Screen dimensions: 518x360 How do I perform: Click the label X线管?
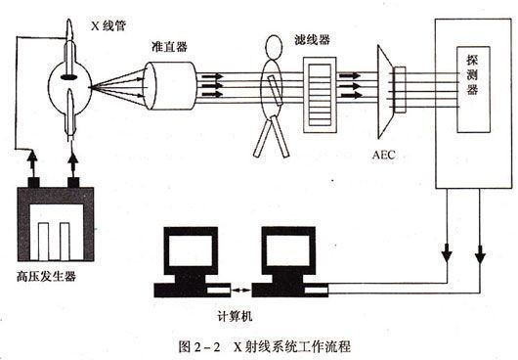click(x=108, y=25)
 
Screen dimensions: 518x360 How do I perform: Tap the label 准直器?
click(x=169, y=47)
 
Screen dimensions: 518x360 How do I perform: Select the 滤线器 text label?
click(x=312, y=40)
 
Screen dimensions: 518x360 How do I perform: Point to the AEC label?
click(x=383, y=155)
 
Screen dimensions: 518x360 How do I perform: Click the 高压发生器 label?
click(x=47, y=276)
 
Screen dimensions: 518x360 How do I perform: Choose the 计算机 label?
click(x=235, y=316)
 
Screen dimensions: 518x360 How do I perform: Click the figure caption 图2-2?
click(x=199, y=346)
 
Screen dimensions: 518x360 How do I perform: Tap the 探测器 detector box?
click(x=473, y=90)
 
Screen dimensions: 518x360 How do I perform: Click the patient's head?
click(x=274, y=47)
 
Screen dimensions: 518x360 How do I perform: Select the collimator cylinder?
click(x=170, y=86)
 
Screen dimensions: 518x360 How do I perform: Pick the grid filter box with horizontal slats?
click(x=320, y=95)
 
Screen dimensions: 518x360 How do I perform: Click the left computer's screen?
click(x=191, y=249)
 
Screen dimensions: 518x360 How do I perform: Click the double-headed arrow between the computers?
click(x=240, y=291)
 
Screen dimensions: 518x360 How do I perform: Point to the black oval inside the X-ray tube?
click(x=69, y=77)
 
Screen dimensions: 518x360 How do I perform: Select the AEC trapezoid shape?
click(x=385, y=92)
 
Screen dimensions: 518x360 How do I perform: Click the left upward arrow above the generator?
click(x=32, y=164)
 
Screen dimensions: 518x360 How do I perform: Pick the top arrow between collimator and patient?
click(x=212, y=76)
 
